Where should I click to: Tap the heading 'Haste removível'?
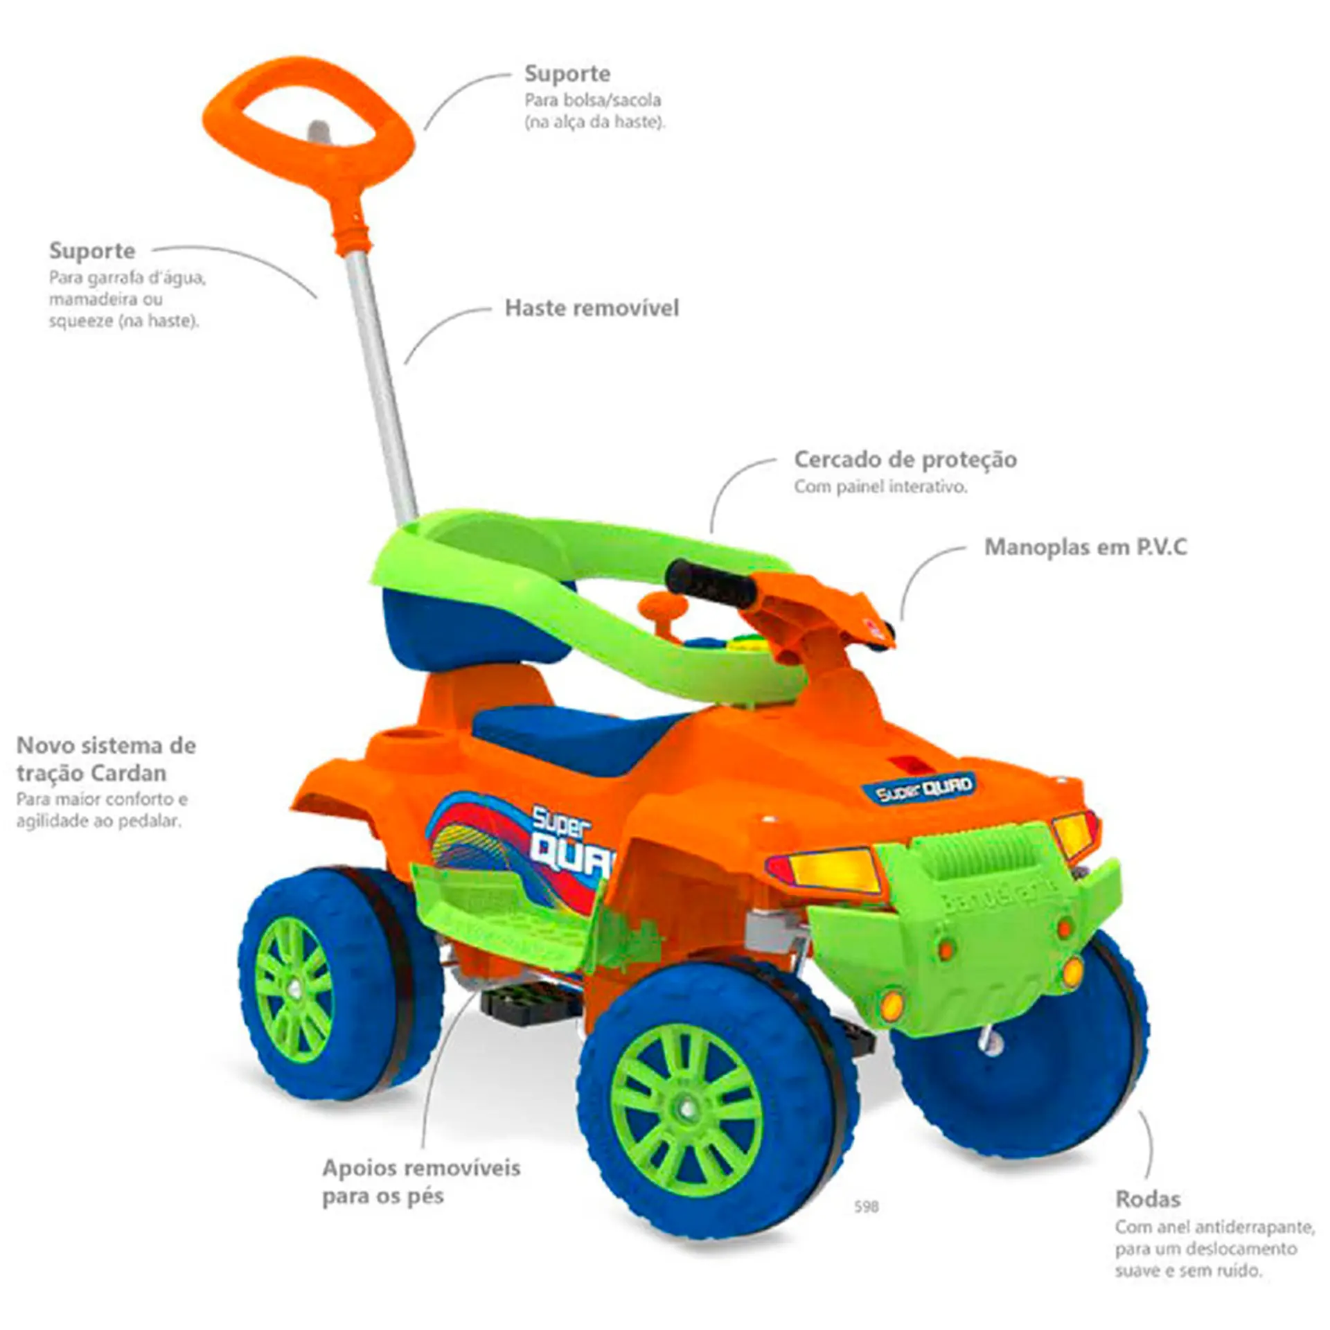(592, 308)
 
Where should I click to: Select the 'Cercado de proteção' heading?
(905, 459)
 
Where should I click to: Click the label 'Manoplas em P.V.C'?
(1085, 547)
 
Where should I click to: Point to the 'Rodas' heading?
(1148, 1198)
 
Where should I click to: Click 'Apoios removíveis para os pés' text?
(420, 1182)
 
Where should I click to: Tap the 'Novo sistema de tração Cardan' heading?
(106, 759)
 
